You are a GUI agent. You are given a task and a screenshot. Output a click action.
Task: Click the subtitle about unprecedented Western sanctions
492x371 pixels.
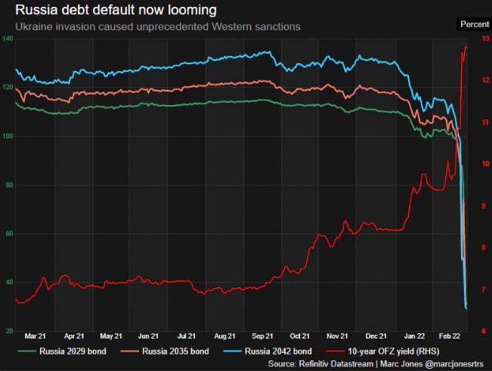click(x=157, y=26)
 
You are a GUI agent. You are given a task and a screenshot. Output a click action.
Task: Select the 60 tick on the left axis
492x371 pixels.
click(x=8, y=233)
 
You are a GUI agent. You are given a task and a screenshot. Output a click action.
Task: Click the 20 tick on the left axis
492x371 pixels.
click(x=8, y=331)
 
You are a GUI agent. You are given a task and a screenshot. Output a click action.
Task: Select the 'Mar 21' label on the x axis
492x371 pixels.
click(x=36, y=336)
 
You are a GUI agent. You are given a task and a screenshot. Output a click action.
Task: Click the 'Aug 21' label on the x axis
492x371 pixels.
click(x=224, y=336)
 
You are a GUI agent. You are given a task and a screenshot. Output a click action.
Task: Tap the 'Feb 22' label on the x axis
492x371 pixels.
click(x=451, y=336)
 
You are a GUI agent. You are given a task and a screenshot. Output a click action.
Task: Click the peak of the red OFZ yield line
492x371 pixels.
click(x=465, y=47)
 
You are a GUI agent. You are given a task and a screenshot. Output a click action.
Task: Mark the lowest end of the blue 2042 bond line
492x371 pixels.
click(x=466, y=308)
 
